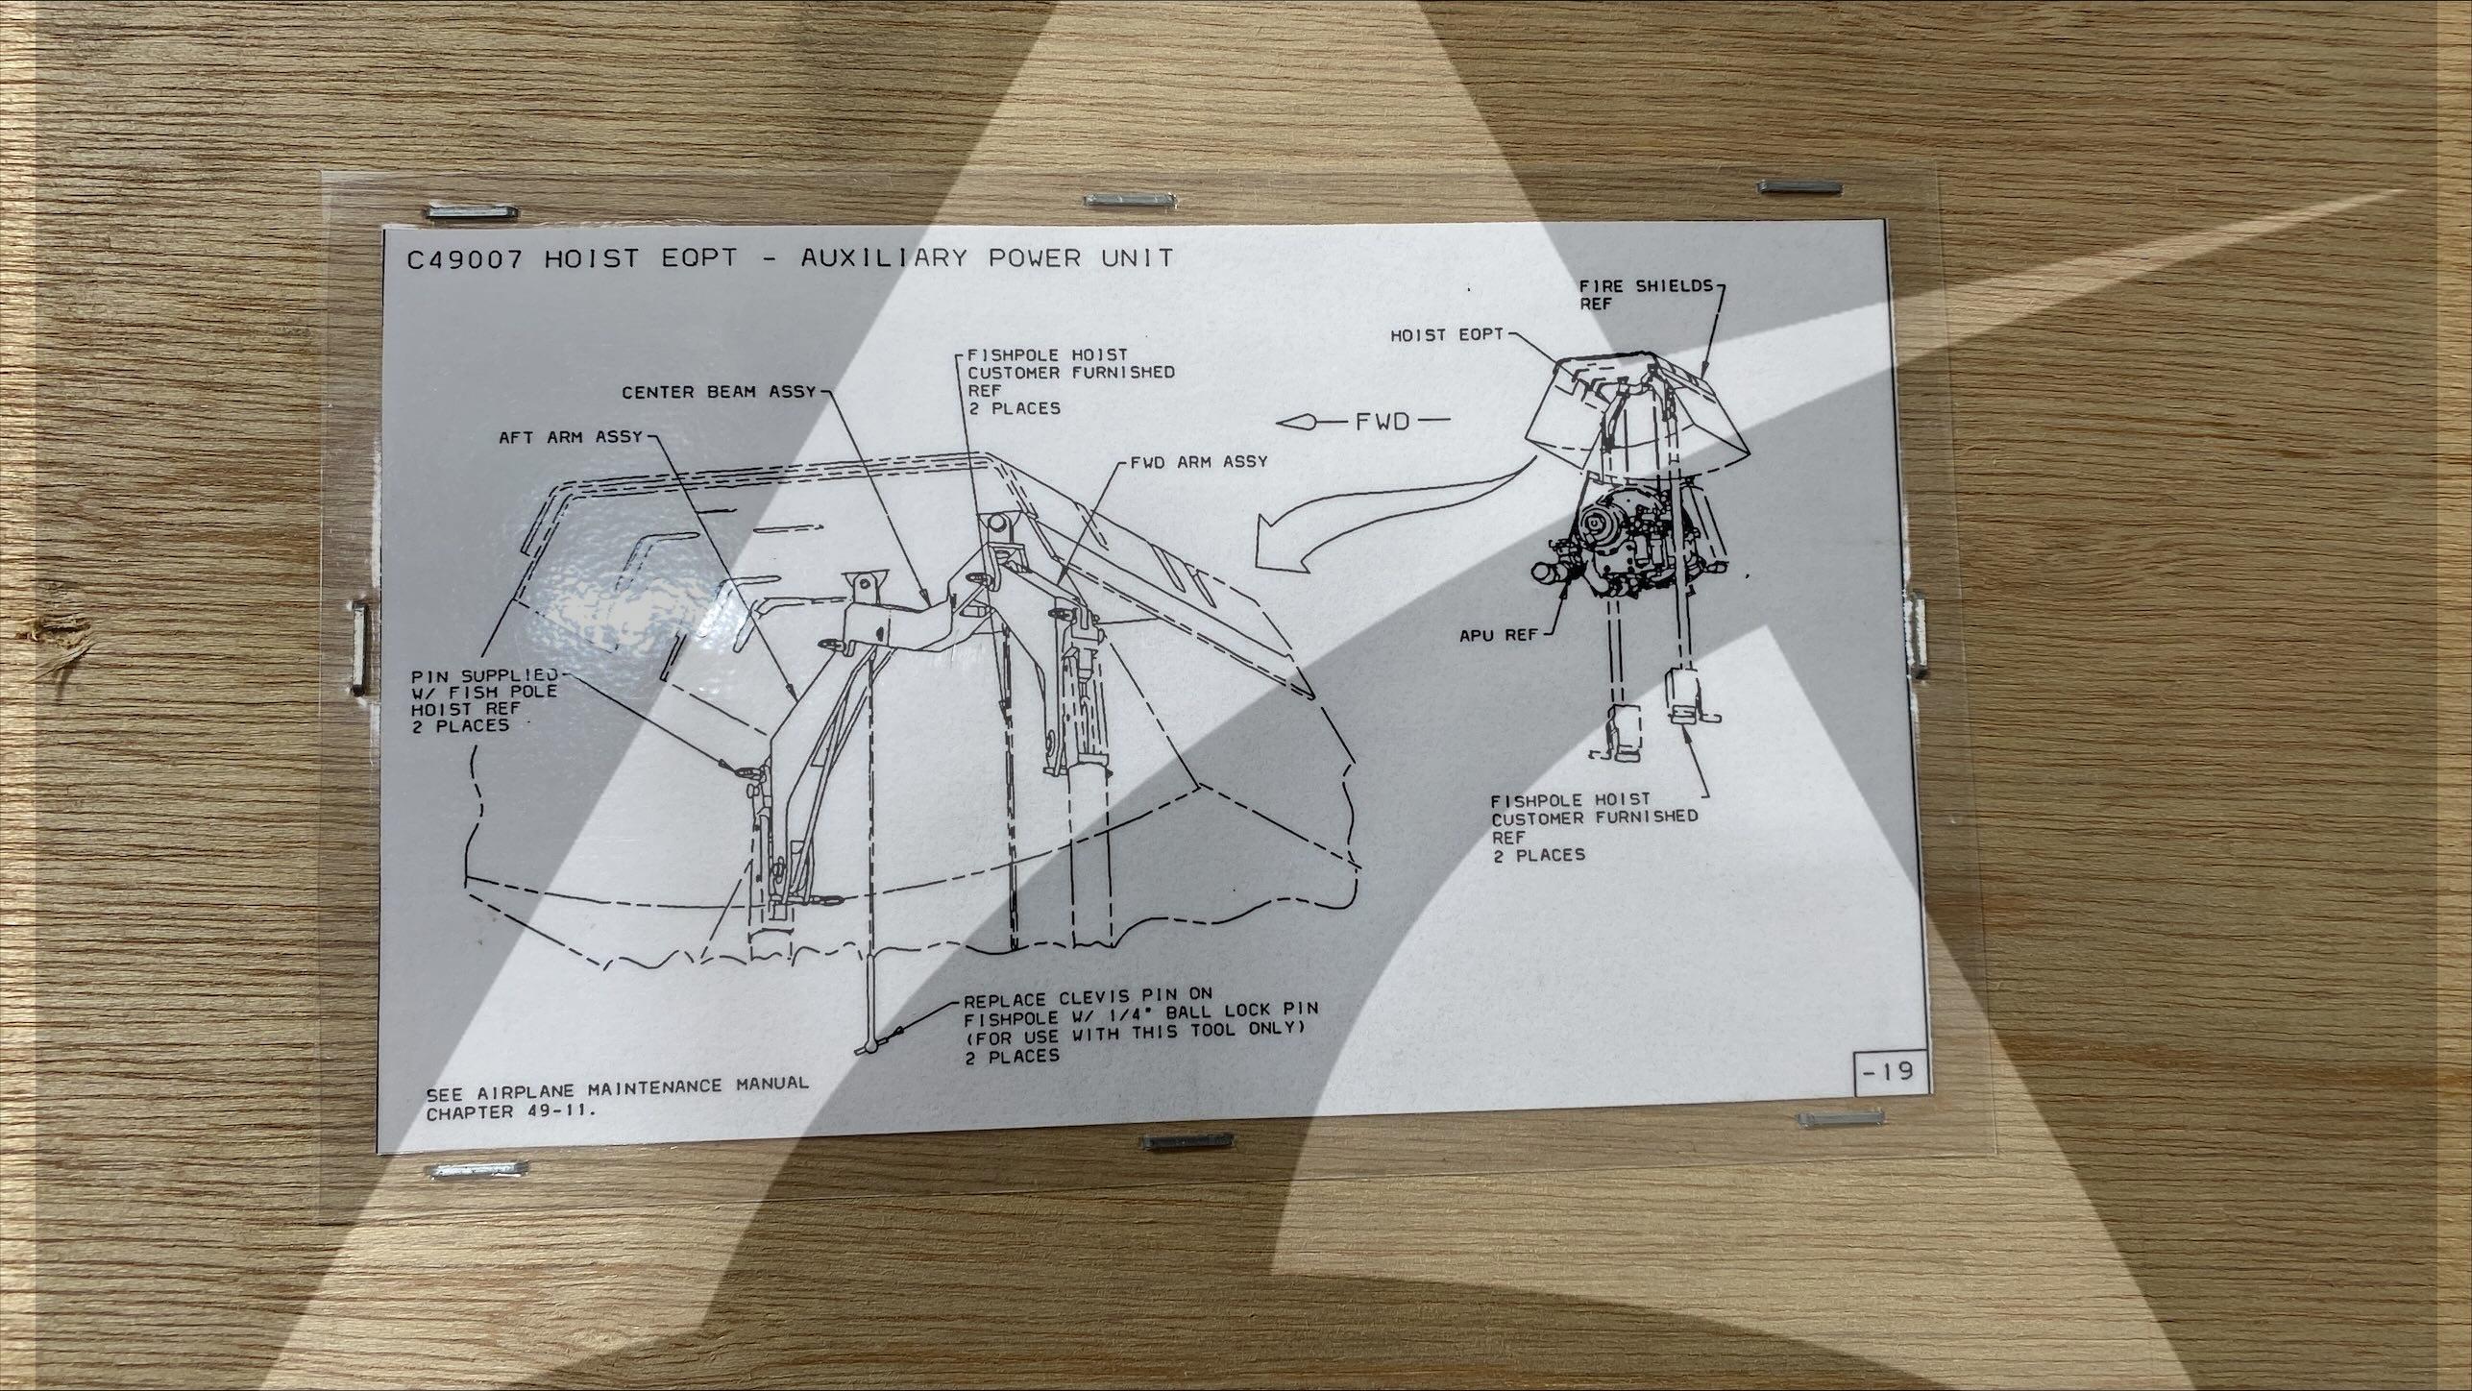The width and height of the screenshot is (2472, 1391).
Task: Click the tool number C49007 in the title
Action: coord(464,260)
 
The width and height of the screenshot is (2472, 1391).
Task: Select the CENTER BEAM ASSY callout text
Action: coord(718,392)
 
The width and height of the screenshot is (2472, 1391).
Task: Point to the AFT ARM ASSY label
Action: coord(570,437)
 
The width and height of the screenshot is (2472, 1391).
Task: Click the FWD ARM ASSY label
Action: coord(1199,462)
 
